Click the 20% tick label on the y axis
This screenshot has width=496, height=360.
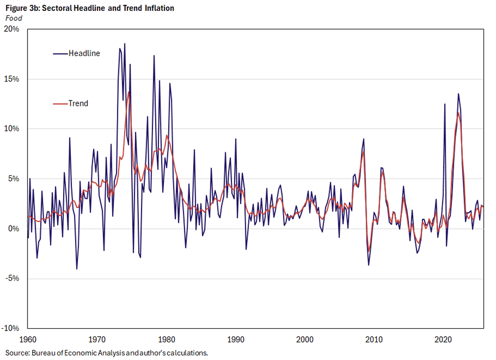coord(12,29)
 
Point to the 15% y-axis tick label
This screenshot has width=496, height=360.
coord(12,79)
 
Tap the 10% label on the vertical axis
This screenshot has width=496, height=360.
coord(12,129)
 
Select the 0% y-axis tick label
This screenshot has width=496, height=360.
coord(13,228)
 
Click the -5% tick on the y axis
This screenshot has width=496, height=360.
coord(12,278)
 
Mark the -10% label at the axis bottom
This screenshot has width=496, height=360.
coord(11,328)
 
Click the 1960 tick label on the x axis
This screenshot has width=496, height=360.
coord(28,340)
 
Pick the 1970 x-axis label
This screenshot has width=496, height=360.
coord(97,340)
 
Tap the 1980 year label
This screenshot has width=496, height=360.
coord(166,340)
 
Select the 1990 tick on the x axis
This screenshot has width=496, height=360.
coord(236,340)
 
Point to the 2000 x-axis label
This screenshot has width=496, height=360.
coord(305,340)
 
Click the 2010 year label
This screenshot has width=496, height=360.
coord(374,340)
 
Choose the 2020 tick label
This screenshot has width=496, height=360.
coord(443,340)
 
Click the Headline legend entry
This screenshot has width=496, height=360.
coord(84,53)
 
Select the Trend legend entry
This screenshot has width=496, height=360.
coord(78,103)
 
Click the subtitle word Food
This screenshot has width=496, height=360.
coord(13,18)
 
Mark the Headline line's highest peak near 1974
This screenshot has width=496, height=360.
coord(124,44)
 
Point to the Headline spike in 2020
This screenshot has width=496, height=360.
coord(445,104)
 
